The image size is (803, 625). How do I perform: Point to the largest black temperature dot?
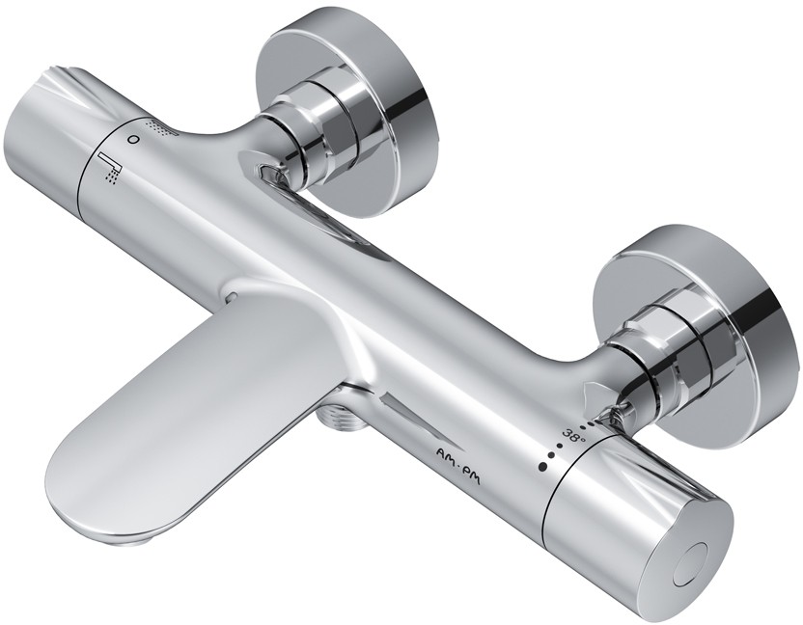click(x=540, y=466)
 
